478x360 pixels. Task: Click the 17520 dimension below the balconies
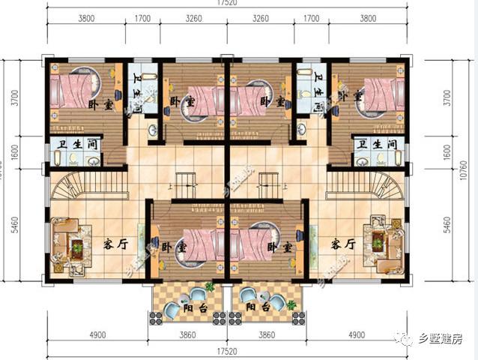[x=226, y=350]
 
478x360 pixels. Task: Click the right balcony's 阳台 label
[x=256, y=306]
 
